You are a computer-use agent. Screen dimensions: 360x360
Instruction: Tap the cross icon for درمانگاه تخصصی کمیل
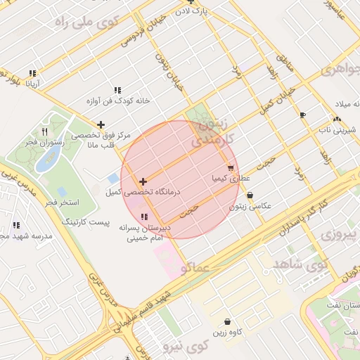[x=143, y=181]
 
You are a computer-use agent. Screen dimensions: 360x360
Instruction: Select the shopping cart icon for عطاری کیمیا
[x=231, y=168]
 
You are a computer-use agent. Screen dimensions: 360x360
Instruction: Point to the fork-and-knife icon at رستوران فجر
[x=44, y=131]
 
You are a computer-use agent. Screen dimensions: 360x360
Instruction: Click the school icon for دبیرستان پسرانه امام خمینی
[x=144, y=217]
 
